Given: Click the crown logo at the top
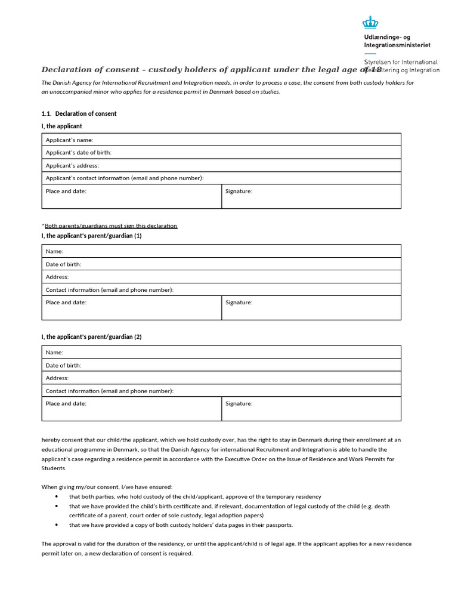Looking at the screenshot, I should pyautogui.click(x=370, y=22).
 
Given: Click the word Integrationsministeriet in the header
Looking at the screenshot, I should pyautogui.click(x=397, y=45).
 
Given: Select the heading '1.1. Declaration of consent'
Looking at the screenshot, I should pyautogui.click(x=79, y=113).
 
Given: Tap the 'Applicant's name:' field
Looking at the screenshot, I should pyautogui.click(x=221, y=140).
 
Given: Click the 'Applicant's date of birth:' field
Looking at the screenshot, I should pyautogui.click(x=221, y=153).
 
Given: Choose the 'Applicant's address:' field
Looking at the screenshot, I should pyautogui.click(x=221, y=165).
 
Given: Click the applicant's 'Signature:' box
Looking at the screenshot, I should pyautogui.click(x=311, y=196).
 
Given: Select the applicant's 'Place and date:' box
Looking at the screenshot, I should pyautogui.click(x=131, y=196).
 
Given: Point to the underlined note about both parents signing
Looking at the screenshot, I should pyautogui.click(x=110, y=226).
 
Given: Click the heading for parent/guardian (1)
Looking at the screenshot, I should pyautogui.click(x=91, y=236).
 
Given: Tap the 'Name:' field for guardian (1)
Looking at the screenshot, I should pyautogui.click(x=221, y=251).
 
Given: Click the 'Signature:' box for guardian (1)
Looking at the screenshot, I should pyautogui.click(x=311, y=307).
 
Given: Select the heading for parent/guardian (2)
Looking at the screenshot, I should pyautogui.click(x=91, y=337).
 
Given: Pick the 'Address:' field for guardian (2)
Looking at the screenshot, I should pyautogui.click(x=221, y=378).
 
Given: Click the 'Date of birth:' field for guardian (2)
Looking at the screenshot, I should pyautogui.click(x=221, y=365).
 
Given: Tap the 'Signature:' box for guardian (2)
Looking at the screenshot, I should pyautogui.click(x=311, y=409).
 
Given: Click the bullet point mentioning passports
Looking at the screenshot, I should pyautogui.click(x=181, y=525).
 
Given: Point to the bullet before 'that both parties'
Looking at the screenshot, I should pyautogui.click(x=56, y=496).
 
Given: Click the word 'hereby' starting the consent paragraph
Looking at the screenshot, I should pyautogui.click(x=51, y=440).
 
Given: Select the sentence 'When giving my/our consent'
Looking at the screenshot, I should pyautogui.click(x=106, y=487).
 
